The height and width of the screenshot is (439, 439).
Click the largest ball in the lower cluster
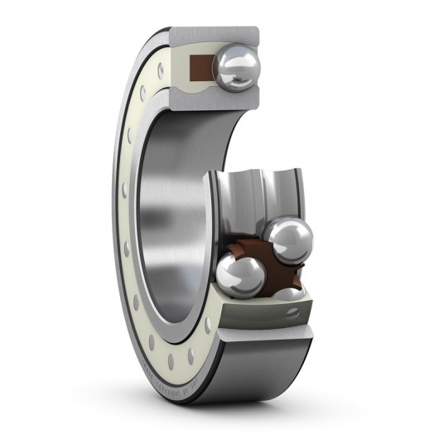pos(290,239)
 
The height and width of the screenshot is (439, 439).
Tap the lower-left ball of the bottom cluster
pos(240,276)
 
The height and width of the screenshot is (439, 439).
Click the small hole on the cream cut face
pos(292,312)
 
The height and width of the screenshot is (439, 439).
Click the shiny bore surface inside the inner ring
pos(166,215)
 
